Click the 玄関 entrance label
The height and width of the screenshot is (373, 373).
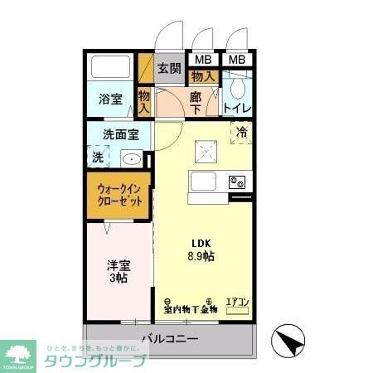tap(169, 69)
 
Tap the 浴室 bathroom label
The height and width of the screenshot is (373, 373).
tap(111, 100)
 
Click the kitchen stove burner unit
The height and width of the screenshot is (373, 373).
tap(238, 182)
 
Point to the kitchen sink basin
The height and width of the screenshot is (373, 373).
tap(205, 182)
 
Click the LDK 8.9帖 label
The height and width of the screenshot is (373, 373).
tap(202, 249)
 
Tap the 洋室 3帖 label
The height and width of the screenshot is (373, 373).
tap(118, 272)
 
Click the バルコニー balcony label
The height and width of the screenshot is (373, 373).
tap(169, 338)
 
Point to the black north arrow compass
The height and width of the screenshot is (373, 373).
tap(287, 341)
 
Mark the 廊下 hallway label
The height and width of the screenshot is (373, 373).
tap(195, 102)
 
